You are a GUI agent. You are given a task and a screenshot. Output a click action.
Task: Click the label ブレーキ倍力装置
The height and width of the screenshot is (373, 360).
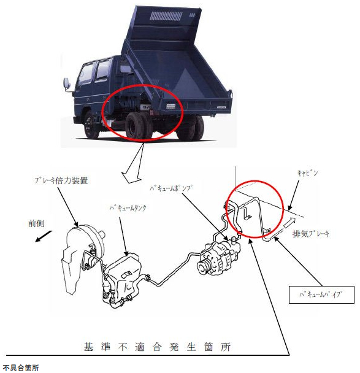[61, 181]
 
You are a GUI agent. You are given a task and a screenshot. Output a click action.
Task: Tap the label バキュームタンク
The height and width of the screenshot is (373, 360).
[128, 208]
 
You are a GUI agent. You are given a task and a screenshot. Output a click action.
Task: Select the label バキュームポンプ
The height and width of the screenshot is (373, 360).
[171, 188]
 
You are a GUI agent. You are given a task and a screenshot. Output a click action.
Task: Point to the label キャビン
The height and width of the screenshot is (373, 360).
[307, 173]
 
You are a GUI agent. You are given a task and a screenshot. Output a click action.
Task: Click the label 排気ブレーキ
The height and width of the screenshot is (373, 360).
[311, 234]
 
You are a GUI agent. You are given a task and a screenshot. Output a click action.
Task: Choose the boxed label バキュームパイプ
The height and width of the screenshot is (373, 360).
[321, 294]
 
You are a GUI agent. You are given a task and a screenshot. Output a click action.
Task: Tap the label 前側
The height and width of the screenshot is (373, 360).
[36, 223]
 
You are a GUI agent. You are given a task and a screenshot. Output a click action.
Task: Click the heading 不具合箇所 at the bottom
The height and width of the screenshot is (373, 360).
[21, 368]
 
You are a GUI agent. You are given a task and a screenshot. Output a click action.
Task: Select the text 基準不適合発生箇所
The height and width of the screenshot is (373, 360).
[157, 347]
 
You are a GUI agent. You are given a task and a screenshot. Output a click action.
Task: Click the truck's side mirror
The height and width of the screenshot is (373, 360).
[67, 83]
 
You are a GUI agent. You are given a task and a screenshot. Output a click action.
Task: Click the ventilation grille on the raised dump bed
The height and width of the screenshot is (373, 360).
[166, 16]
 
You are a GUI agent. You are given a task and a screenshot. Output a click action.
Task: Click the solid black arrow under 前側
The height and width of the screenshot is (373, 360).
[44, 236]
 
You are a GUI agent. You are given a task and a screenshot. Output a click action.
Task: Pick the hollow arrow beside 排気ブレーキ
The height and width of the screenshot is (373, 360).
[289, 222]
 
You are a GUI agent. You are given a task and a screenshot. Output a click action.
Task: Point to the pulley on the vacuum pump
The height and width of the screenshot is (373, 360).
[203, 268]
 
